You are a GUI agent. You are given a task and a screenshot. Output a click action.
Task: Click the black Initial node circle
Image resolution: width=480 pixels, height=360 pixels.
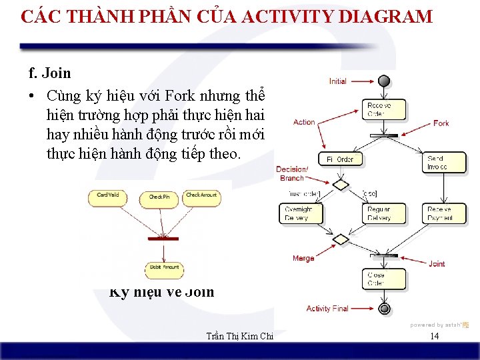click(383, 81)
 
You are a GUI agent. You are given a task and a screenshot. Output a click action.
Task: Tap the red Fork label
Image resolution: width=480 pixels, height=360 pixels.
click(441, 123)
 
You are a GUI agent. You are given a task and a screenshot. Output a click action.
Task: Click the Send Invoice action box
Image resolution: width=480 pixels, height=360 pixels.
click(445, 163)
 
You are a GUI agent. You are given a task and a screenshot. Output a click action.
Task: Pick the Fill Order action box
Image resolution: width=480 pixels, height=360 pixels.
click(340, 159)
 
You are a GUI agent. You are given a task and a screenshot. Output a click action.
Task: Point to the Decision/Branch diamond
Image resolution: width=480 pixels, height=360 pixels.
click(341, 185)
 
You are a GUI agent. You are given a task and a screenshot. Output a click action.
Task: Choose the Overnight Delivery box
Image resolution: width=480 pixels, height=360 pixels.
click(299, 213)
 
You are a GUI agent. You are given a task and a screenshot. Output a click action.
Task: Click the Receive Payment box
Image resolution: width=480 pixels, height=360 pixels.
click(445, 213)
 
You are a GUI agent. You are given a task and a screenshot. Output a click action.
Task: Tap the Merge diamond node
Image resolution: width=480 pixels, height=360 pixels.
click(341, 239)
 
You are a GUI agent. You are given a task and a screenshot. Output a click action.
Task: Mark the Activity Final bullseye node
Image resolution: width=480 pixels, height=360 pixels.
click(384, 309)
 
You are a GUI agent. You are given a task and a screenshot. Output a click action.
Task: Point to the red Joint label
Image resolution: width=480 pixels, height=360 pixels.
click(437, 264)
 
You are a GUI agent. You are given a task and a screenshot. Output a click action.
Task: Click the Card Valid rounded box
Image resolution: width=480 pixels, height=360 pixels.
click(109, 196)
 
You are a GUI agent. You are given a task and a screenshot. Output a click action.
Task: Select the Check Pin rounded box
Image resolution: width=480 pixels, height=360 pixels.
click(159, 198)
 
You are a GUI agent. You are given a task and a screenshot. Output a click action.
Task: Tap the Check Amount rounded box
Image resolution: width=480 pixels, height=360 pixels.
click(201, 196)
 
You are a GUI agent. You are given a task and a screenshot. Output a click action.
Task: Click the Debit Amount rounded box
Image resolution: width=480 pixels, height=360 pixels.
click(164, 268)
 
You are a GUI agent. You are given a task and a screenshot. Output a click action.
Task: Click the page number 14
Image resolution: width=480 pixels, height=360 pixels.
click(434, 336)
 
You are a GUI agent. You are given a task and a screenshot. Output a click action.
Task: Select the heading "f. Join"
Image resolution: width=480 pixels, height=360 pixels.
click(49, 73)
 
